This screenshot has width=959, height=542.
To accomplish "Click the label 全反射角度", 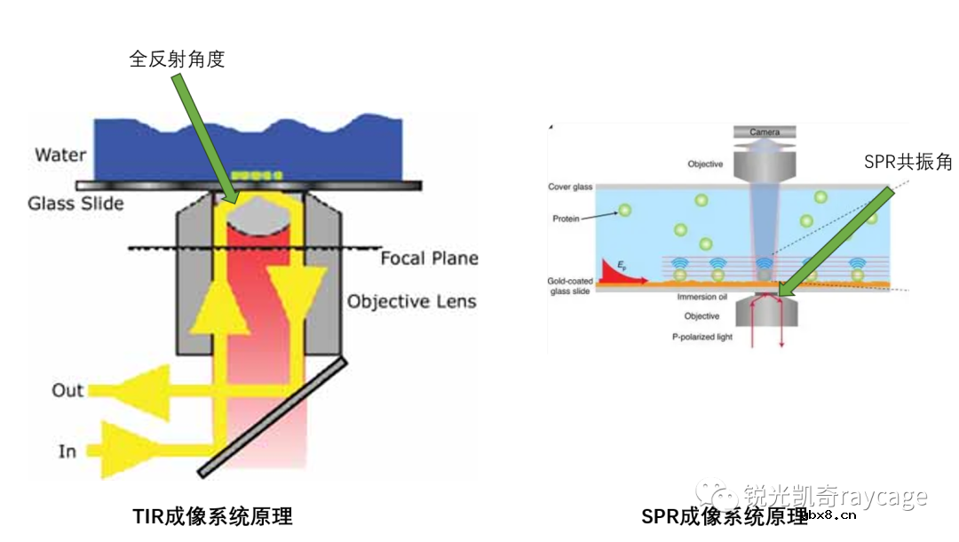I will (178, 60).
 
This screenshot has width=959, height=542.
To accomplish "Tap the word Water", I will (60, 155).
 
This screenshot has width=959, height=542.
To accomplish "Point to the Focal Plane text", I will (429, 259).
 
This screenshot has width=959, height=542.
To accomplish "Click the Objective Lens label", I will (411, 301).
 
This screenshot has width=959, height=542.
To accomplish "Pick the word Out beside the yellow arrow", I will (67, 390).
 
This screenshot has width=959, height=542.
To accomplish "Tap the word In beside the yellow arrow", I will (67, 451).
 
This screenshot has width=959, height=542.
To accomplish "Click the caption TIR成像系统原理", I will (212, 515).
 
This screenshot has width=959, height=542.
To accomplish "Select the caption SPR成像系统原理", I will (725, 516).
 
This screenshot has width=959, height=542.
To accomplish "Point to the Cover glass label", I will (570, 187).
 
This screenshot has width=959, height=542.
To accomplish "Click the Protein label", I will (566, 217).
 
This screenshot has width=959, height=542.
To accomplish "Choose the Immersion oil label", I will (701, 297).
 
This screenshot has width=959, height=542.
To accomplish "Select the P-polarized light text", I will (701, 338).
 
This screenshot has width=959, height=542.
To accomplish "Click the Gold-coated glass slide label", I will (570, 286).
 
